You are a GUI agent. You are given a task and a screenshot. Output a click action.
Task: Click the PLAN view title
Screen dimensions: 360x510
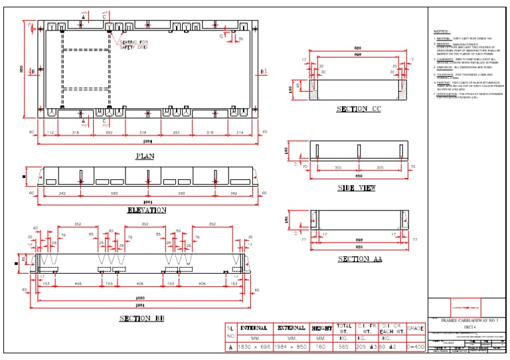[145, 156]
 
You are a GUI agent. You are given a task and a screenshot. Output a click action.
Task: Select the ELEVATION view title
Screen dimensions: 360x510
[146, 211]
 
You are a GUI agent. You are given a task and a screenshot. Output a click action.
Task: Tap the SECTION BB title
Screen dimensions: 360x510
[142, 319]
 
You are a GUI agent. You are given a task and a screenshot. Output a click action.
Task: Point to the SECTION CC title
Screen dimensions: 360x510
[359, 109]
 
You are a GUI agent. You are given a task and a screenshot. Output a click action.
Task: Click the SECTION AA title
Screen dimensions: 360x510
[359, 259]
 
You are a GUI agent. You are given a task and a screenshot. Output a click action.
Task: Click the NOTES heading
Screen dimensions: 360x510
[441, 31]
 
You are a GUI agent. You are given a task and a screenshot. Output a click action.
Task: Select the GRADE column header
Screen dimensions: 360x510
[415, 327]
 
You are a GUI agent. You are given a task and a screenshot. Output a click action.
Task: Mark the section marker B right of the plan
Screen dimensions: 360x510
[263, 71]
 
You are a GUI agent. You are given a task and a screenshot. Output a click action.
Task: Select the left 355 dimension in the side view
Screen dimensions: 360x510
[338, 168]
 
